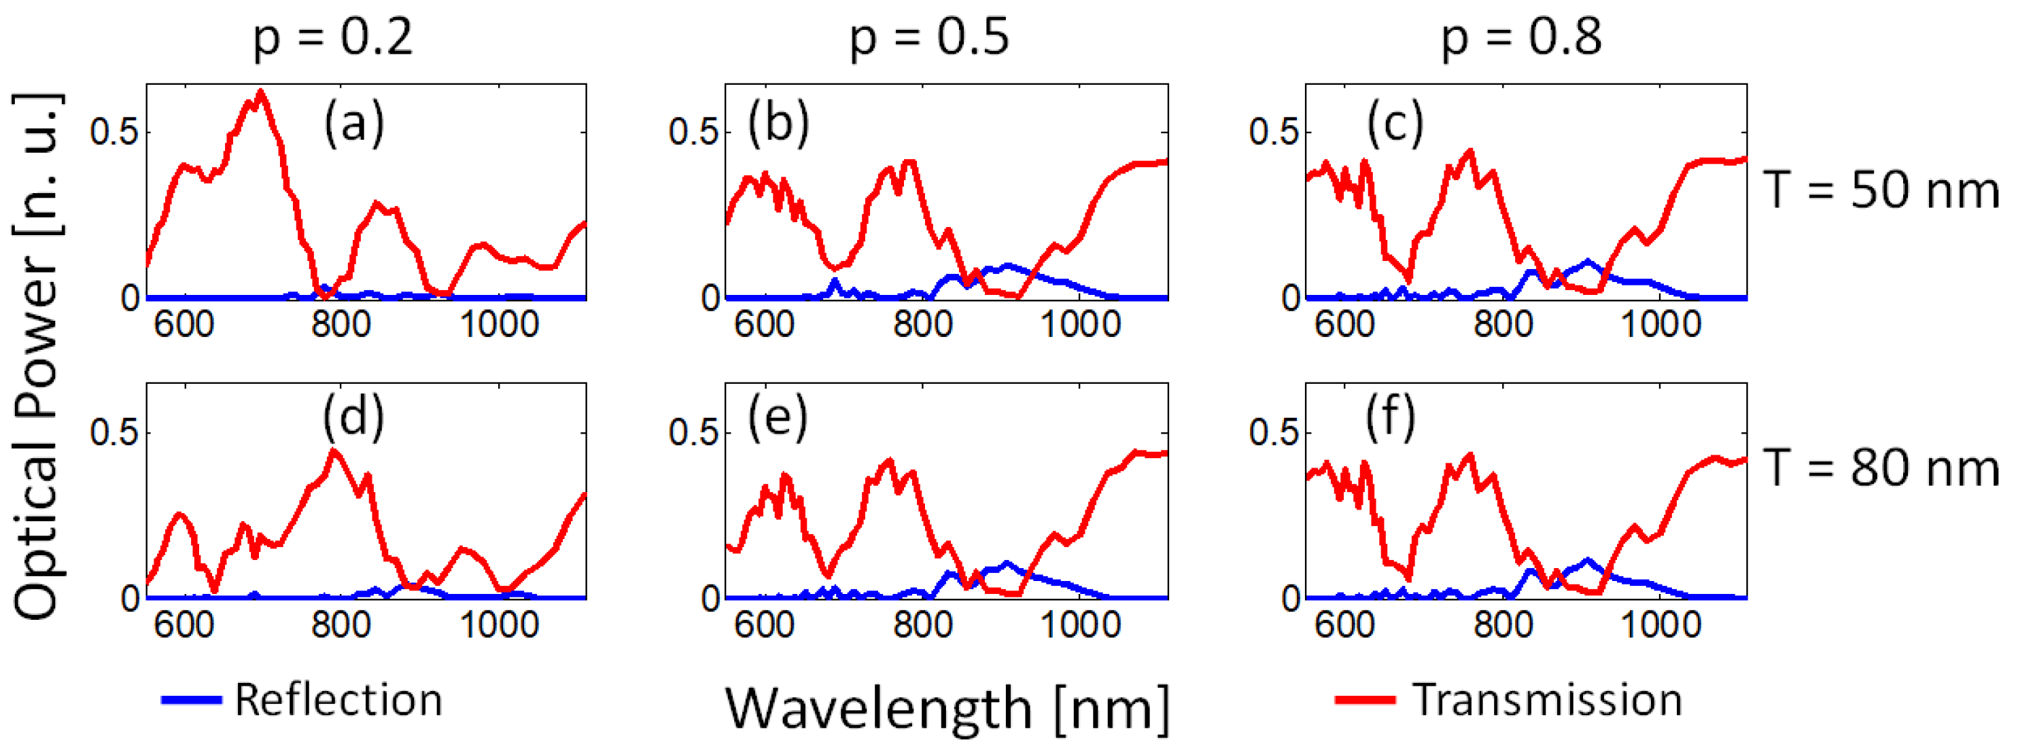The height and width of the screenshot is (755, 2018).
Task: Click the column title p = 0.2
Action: coord(333,37)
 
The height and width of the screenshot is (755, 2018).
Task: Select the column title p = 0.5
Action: coord(930,37)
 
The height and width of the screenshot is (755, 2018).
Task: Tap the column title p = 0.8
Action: coord(1521,37)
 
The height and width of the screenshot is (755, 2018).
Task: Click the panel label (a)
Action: coord(354,124)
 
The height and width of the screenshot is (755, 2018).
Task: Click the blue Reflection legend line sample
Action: coord(191,699)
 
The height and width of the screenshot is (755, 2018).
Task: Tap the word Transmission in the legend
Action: coord(1547,699)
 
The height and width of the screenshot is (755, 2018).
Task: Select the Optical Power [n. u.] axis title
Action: coord(37,356)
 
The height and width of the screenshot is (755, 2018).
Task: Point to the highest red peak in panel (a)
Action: coord(261,93)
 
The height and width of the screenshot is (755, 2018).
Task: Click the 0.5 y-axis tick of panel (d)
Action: coord(114,432)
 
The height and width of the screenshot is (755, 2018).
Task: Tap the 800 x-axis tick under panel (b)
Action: coord(922,323)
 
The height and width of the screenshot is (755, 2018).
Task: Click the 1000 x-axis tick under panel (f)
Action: coord(1660,625)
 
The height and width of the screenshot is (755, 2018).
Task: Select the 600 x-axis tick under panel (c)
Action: coord(1344,323)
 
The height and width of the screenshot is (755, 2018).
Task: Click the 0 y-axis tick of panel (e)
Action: coord(710,599)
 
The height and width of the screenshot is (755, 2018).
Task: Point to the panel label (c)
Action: coord(1395,124)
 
